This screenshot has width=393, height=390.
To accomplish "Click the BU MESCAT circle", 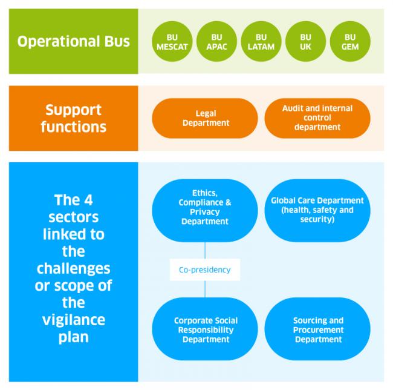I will (x=172, y=42).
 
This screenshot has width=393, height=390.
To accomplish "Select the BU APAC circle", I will (x=217, y=42).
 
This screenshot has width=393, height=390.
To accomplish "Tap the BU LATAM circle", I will (x=261, y=42).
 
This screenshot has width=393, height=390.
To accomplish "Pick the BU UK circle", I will (x=306, y=42).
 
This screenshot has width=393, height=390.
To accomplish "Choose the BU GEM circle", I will (x=350, y=42).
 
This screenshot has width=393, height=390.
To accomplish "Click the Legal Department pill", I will (x=205, y=118).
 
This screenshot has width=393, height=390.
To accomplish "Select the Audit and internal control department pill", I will (x=317, y=118).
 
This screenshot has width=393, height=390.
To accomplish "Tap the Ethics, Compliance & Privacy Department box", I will (x=205, y=210).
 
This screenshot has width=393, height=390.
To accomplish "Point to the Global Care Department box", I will (x=317, y=210).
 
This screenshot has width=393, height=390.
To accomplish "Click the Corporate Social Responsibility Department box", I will (x=205, y=329).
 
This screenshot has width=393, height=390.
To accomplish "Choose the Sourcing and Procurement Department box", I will (x=317, y=329).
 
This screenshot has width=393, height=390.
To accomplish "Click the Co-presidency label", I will (x=205, y=269).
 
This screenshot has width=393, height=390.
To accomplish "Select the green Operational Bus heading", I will (x=73, y=42).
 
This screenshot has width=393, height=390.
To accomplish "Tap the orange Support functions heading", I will (x=73, y=119).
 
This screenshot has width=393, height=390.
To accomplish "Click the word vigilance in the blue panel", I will (x=73, y=319).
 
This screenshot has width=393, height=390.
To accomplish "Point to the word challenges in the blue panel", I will (x=73, y=268).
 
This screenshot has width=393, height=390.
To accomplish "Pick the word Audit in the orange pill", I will (x=294, y=108).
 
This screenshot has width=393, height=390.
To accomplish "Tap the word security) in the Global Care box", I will (x=318, y=219).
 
